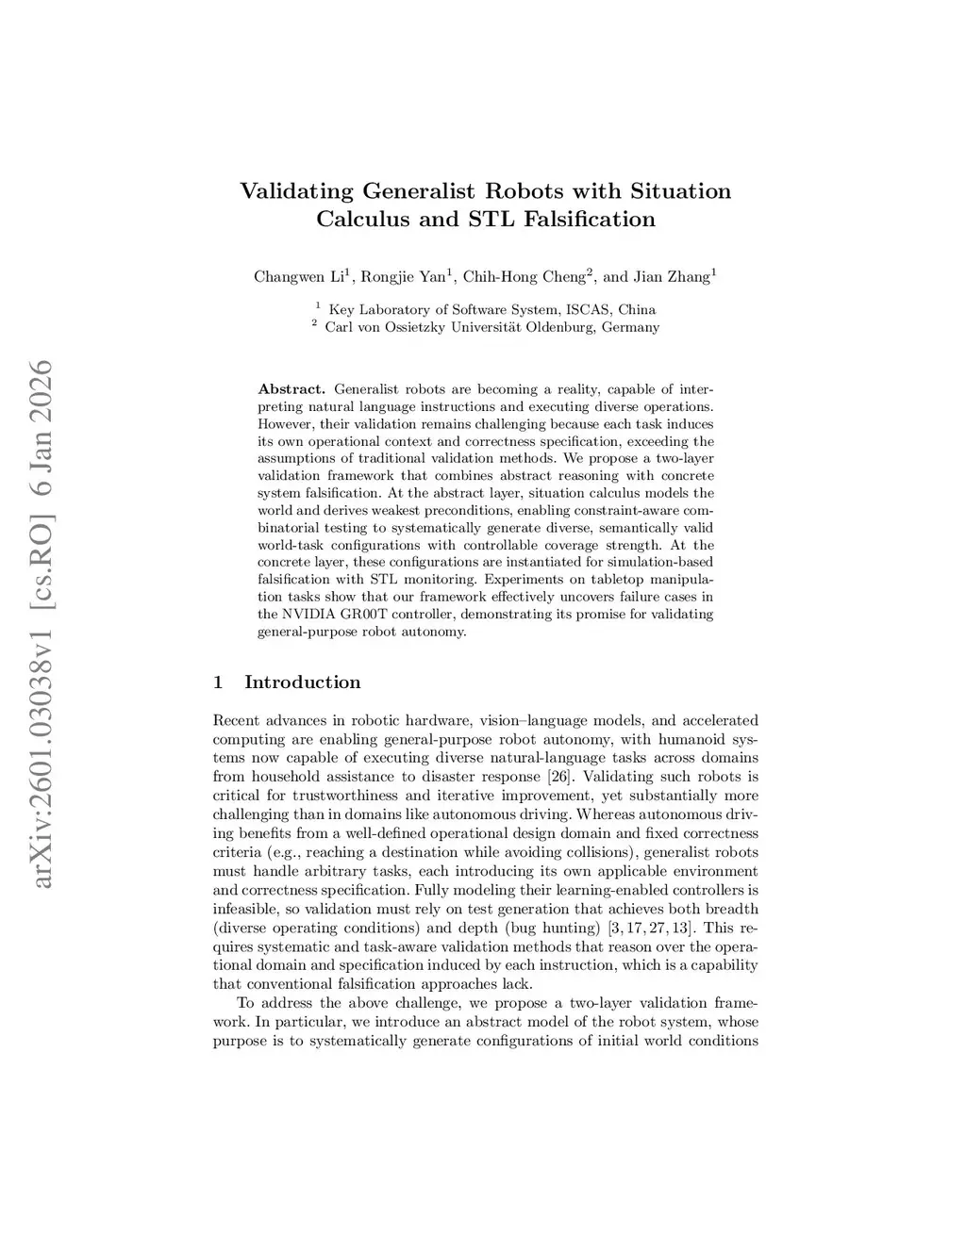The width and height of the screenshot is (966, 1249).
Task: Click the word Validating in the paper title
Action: pos(297,191)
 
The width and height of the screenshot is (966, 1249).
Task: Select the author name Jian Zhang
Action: pos(672,277)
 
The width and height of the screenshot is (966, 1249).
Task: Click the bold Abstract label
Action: pos(291,389)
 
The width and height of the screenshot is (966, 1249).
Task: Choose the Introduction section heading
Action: pos(302,682)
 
